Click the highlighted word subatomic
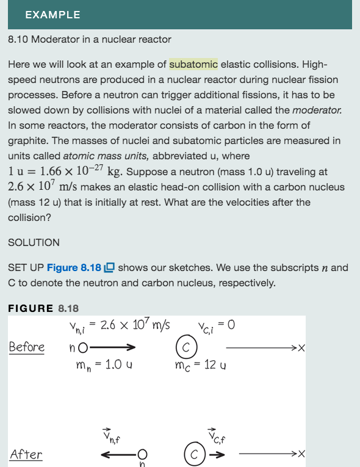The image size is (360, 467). click(193, 65)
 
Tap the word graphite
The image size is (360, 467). click(27, 140)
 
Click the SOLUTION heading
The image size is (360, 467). click(34, 242)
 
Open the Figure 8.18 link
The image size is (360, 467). click(74, 267)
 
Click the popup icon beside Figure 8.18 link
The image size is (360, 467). click(110, 267)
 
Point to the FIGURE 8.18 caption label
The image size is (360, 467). click(43, 308)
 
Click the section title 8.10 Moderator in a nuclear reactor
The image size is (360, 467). click(90, 39)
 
